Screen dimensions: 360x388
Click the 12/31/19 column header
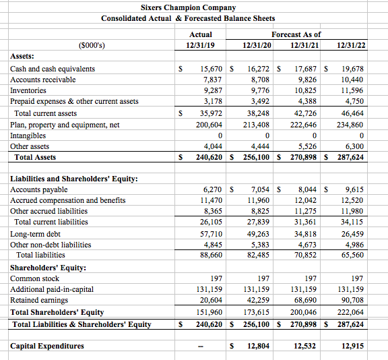(x=201, y=44)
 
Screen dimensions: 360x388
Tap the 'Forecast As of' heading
(x=296, y=34)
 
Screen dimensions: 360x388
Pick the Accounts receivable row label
(x=43, y=80)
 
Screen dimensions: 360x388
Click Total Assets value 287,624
(x=350, y=157)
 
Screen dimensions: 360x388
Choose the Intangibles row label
(x=29, y=136)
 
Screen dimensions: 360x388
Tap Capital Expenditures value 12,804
(x=257, y=346)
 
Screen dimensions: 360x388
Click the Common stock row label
(x=35, y=278)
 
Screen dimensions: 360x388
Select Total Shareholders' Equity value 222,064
(x=350, y=312)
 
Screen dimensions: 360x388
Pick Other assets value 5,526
(x=305, y=146)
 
